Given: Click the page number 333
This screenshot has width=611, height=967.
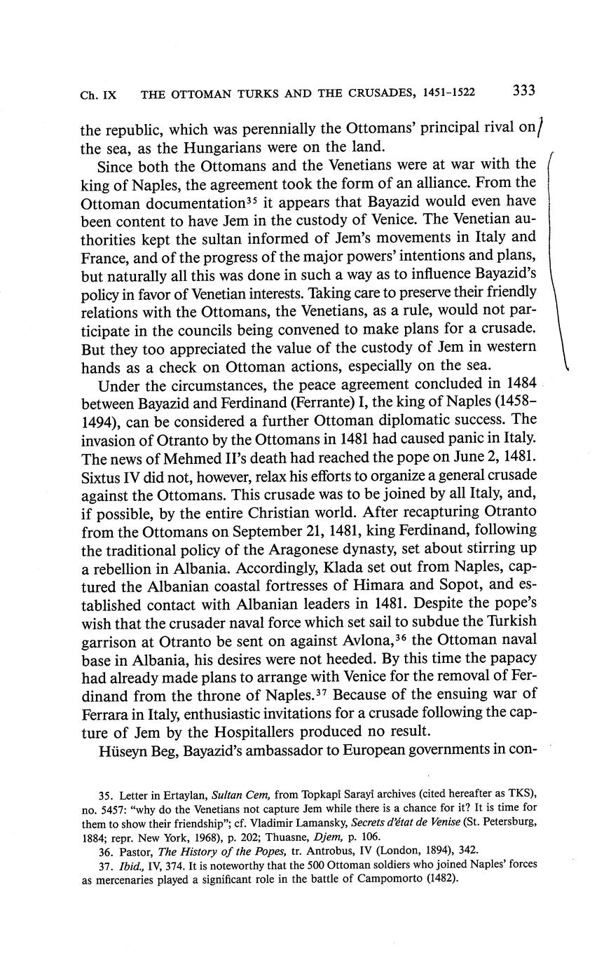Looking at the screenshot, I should click(524, 90).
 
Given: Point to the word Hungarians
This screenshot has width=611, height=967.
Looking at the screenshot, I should click(233, 146).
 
